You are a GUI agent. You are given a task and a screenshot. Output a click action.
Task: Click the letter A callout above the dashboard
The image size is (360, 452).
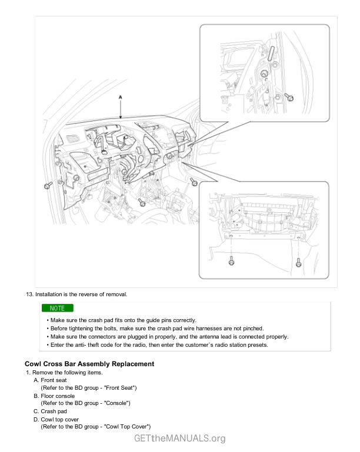[121, 96]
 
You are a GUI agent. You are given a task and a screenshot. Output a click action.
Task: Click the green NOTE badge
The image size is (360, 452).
[57, 308]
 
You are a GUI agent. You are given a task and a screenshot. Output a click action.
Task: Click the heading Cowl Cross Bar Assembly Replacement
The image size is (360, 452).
[89, 364]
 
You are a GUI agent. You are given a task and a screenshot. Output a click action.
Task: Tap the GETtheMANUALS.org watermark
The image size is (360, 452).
[180, 438]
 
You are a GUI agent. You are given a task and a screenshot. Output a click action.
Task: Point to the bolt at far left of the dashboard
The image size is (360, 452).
[47, 186]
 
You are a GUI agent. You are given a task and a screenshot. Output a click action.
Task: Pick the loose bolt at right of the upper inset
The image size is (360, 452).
[289, 97]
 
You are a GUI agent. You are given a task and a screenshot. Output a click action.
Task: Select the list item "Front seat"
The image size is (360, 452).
[55, 381]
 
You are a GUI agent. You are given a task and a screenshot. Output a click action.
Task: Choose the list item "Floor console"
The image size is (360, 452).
[58, 396]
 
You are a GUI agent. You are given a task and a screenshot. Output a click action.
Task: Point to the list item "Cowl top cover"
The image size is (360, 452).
[59, 419]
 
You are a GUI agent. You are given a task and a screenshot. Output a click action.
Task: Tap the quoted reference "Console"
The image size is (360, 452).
[116, 403]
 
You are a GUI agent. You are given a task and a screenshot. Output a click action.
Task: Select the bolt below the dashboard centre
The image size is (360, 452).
[142, 203]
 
